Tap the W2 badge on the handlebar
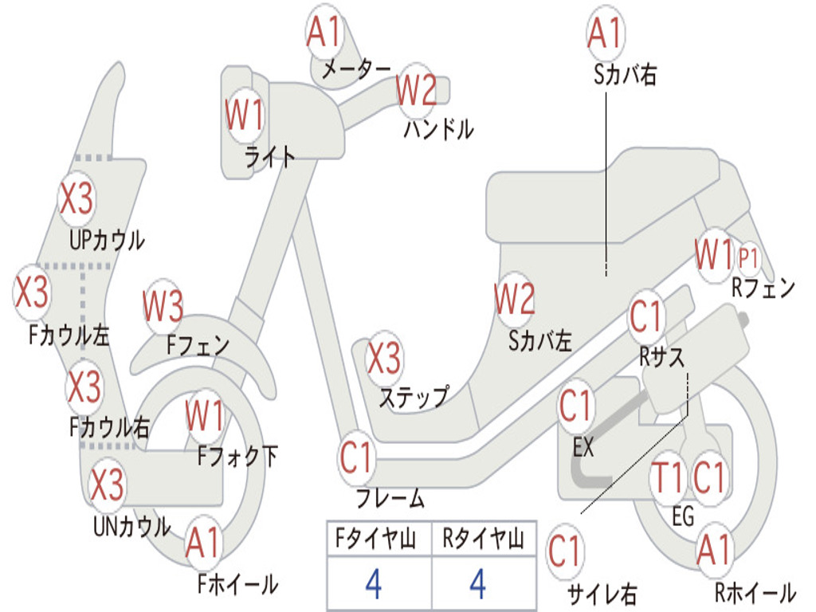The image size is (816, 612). pos(416,90)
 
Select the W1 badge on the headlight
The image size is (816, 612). pos(245,115)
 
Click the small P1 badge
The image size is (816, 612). pos(747,257)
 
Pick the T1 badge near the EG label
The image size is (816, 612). pos(667,478)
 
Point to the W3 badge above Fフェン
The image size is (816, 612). pos(163,306)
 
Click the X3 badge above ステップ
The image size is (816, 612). pos(384,358)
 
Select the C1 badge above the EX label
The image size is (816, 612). pos(575,406)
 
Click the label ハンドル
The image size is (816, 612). pos(439,129)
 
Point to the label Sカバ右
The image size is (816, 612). pos(625,74)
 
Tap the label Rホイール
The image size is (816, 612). pos(755,592)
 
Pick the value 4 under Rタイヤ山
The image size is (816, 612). pos(478,584)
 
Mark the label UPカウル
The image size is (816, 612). pos(108,241)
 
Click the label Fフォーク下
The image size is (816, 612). pos(237,457)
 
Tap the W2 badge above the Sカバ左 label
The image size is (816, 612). pos(514,299)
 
